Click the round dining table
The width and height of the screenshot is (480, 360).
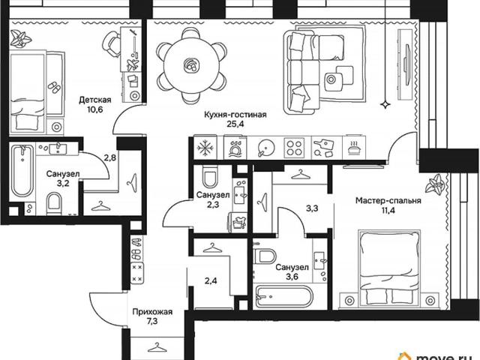point(192,65)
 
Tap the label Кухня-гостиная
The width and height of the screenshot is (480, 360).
point(235,115)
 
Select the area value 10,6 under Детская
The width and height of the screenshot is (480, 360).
point(95,109)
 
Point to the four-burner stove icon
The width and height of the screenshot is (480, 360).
point(294,148)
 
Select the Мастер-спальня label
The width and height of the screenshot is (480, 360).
point(388,201)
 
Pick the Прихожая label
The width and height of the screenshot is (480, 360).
point(152,312)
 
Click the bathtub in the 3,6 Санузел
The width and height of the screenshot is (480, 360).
point(284,296)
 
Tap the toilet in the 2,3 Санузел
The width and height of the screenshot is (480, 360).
point(210,177)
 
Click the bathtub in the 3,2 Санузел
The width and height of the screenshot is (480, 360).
point(22,171)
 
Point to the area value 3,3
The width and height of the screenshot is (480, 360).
point(312,208)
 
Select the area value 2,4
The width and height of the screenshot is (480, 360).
point(211,280)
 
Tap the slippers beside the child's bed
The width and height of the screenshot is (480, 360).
point(55,87)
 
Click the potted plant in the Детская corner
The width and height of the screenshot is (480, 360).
point(20,38)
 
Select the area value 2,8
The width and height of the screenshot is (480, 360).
point(109,158)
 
